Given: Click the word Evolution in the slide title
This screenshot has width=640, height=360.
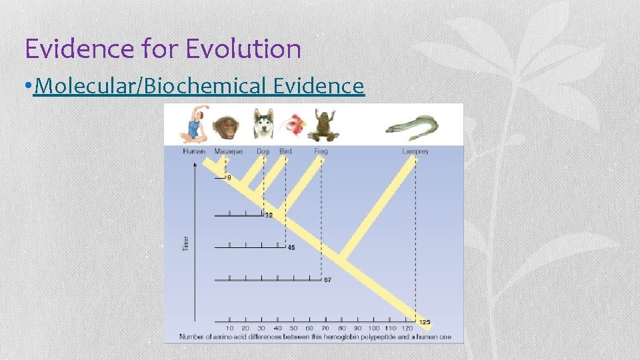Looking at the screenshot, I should point(243,49).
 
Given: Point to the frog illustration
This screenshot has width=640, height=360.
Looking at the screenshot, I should point(323,125).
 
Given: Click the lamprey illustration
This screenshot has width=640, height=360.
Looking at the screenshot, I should point(412,127).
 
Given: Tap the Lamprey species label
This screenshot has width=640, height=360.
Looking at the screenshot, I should point(415,151).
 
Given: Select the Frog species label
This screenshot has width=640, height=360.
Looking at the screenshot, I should point(321,151).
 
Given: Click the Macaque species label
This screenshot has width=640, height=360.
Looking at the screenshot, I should point(229,151).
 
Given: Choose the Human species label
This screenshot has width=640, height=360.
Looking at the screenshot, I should point(194,151).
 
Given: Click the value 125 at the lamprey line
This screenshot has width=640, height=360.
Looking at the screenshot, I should point(425,322).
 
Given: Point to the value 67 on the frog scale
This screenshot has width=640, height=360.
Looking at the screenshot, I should point(327,280).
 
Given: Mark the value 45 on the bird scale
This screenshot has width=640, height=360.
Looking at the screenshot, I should point(291,247).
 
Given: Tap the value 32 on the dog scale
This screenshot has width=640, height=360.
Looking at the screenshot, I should point(269,215).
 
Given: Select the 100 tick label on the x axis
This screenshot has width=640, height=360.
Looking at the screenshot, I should point(373,329).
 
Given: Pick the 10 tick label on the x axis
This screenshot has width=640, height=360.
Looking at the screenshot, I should point(229,329).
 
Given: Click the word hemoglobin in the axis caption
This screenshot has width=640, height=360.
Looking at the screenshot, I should point(327,337).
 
